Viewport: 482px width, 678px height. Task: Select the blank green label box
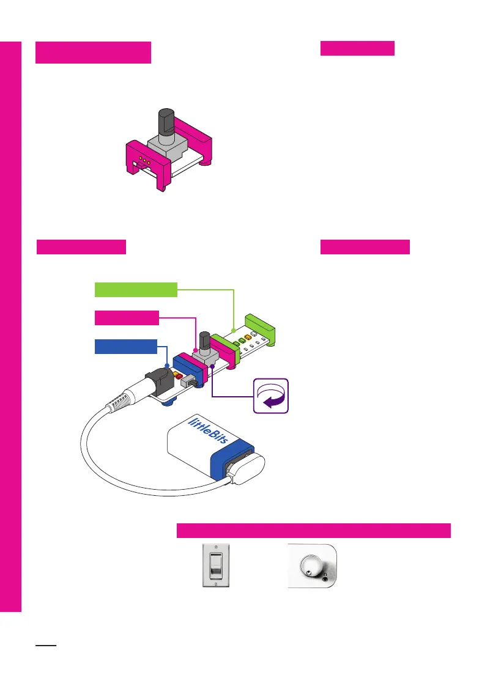pyautogui.click(x=136, y=289)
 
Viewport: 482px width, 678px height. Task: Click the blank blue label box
pyautogui.click(x=126, y=346)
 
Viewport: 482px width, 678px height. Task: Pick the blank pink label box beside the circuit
pyautogui.click(x=127, y=318)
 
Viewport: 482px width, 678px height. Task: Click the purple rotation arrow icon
pyautogui.click(x=271, y=397)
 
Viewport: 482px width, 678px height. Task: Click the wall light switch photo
pyautogui.click(x=215, y=566)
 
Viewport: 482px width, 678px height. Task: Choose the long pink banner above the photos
pyautogui.click(x=313, y=530)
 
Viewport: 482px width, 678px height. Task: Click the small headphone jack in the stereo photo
pyautogui.click(x=325, y=578)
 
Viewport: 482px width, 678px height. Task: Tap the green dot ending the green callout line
pyautogui.click(x=234, y=331)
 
